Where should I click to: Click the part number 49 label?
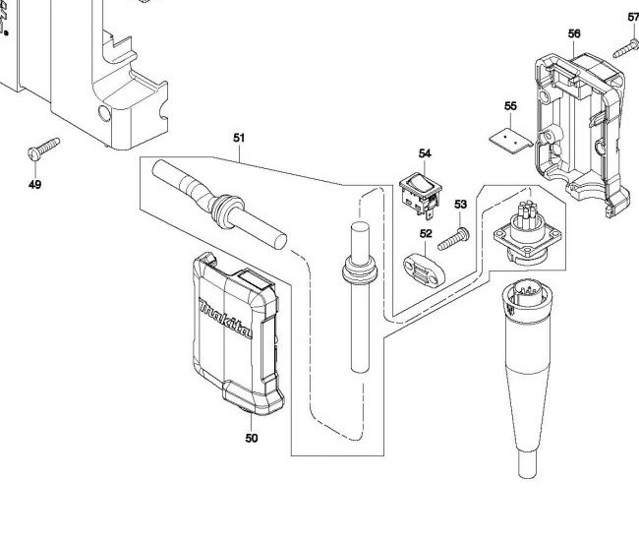35,184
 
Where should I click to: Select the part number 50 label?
252,438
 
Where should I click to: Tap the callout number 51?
239,138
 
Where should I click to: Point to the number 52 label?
425,234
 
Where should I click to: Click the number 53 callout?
460,204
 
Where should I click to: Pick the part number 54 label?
425,153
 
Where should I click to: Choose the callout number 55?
510,106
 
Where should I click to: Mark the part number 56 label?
574,33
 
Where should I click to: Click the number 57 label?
633,17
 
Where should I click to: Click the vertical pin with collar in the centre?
356,295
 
